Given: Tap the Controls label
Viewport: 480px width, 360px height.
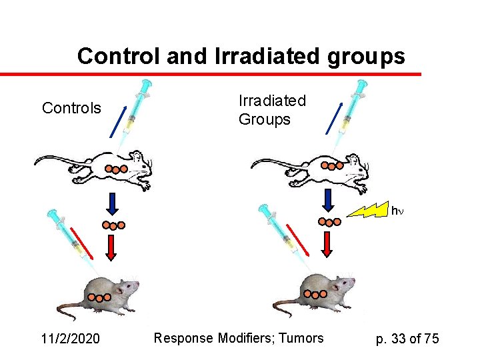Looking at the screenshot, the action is coord(71,108).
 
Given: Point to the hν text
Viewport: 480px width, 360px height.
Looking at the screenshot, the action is coord(397,211).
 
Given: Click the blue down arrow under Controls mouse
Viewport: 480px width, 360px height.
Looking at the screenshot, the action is coord(112,203).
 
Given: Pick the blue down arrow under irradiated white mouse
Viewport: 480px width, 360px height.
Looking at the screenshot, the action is coord(327,201).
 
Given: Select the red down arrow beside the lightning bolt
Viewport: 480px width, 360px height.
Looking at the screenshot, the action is coord(327,244).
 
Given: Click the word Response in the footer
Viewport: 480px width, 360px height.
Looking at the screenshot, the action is coord(183,339).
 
